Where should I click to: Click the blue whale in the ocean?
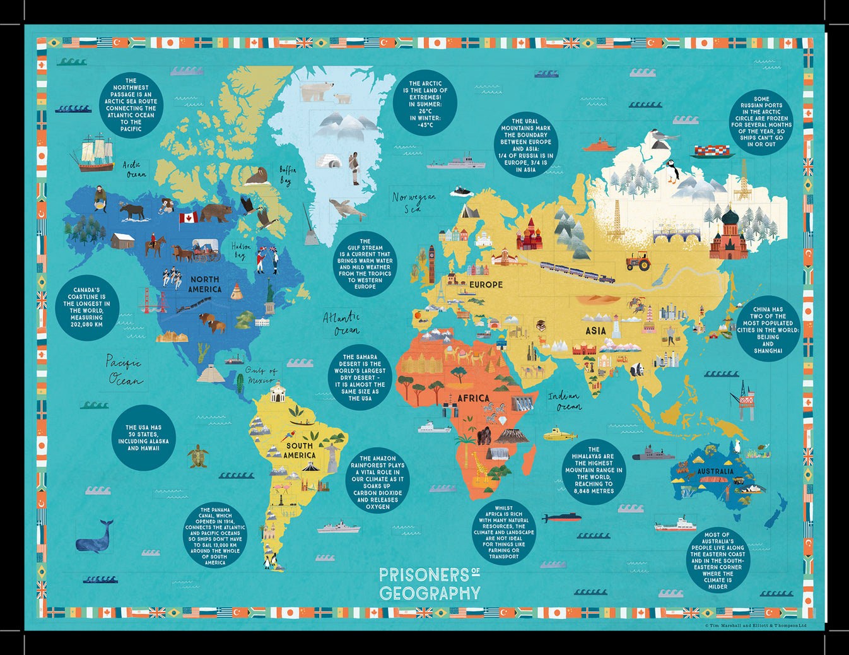[x=94, y=537]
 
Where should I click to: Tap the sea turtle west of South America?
[x=198, y=456]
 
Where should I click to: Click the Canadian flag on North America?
[x=188, y=218]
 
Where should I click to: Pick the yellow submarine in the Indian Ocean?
[x=559, y=434]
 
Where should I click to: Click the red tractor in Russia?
[x=638, y=261]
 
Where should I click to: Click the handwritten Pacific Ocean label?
[x=125, y=370]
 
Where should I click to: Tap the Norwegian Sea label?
[x=413, y=202]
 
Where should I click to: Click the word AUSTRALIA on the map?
[x=715, y=471]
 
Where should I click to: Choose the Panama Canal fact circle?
[x=215, y=536]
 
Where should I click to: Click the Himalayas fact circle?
[x=594, y=470]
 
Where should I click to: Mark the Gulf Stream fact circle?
[x=365, y=264]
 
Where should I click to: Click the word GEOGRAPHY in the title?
[x=430, y=593]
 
